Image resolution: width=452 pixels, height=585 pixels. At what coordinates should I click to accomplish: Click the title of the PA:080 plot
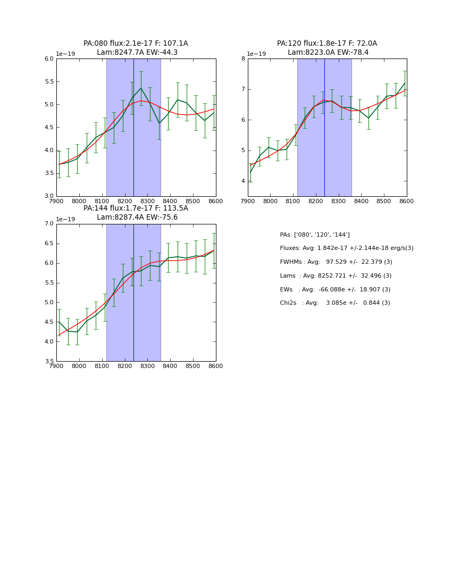(x=136, y=48)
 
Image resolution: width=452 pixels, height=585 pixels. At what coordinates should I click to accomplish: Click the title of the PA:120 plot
(x=327, y=48)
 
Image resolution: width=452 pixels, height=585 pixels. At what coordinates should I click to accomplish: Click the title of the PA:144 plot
(x=136, y=213)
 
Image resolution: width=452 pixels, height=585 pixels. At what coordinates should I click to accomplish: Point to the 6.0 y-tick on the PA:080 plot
(x=48, y=59)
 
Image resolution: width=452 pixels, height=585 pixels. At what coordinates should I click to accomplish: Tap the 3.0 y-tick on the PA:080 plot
(x=48, y=196)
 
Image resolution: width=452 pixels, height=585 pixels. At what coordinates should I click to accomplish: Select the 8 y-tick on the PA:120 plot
(x=243, y=59)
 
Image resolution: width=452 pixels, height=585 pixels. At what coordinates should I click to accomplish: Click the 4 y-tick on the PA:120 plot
(x=243, y=181)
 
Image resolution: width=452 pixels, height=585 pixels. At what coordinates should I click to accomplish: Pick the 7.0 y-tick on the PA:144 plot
(x=48, y=224)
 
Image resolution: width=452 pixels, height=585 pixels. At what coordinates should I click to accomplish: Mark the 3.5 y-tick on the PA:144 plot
(x=48, y=362)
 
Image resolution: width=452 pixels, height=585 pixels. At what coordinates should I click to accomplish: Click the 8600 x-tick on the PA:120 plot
(x=407, y=202)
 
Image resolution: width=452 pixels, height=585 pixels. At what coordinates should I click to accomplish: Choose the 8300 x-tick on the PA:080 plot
(x=147, y=202)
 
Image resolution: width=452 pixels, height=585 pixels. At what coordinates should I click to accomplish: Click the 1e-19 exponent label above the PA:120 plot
(x=257, y=54)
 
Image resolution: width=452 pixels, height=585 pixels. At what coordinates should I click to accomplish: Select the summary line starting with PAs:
(x=315, y=235)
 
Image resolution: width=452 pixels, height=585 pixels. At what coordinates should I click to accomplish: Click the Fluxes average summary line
(x=346, y=248)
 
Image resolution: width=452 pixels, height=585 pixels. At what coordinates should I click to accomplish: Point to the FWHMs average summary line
(x=336, y=262)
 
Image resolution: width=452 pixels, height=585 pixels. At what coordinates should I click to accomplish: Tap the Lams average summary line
(x=336, y=276)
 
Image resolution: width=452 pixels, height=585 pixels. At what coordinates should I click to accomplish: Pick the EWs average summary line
(x=335, y=290)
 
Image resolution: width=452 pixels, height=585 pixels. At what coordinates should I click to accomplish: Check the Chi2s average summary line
(x=335, y=303)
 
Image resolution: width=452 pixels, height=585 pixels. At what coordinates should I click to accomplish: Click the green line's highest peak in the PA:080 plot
(x=141, y=88)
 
